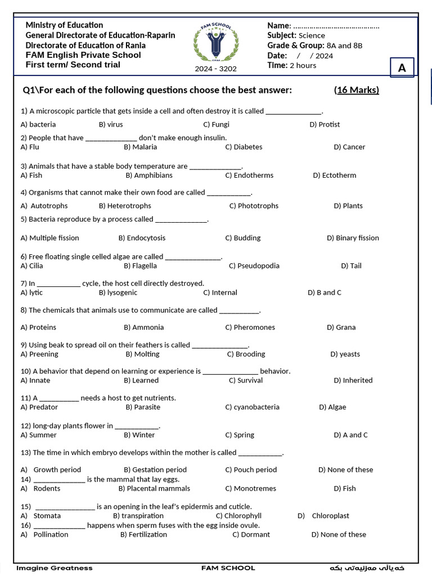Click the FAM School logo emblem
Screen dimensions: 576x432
215,43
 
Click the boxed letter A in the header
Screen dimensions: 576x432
402,68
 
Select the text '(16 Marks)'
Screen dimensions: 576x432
357,90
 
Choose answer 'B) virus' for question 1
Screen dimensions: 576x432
111,124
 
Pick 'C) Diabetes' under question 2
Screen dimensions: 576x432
244,147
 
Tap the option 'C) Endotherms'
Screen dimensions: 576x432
249,175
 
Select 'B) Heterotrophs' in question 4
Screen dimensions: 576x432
125,206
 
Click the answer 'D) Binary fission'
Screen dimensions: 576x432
353,238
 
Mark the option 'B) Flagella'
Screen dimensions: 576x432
141,265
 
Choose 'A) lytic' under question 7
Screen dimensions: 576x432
31,292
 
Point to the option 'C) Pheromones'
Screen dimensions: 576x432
250,327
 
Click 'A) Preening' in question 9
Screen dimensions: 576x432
39,354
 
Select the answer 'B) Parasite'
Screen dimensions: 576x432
143,407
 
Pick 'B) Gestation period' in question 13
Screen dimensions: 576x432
155,470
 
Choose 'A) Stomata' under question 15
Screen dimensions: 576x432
40,515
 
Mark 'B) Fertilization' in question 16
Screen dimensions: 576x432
143,534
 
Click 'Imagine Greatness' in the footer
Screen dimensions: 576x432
55,568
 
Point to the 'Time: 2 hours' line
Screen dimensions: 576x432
291,65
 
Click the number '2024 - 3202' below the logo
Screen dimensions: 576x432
216,69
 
